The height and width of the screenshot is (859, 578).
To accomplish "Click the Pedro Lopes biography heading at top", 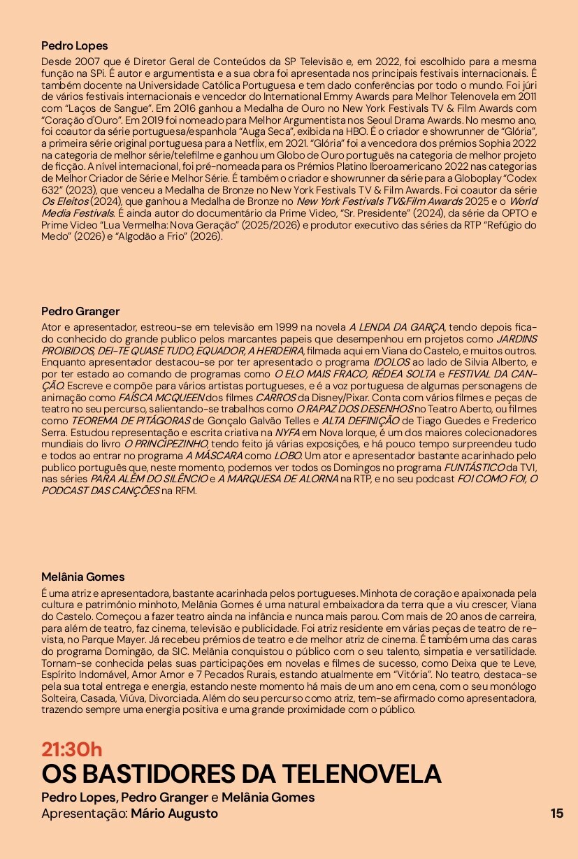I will coord(75,45).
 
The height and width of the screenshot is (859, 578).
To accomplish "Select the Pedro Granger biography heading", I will coord(80,311).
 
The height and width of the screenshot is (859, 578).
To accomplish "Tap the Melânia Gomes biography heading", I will coord(82,577).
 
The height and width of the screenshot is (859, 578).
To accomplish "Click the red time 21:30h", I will coord(71,749).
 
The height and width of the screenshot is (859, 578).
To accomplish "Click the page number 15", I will coord(556,813).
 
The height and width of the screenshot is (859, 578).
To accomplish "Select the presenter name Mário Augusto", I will coord(174,814).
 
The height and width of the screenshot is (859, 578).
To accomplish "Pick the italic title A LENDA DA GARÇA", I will coord(396,326).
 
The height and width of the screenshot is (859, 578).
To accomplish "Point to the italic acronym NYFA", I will coord(288,432).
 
